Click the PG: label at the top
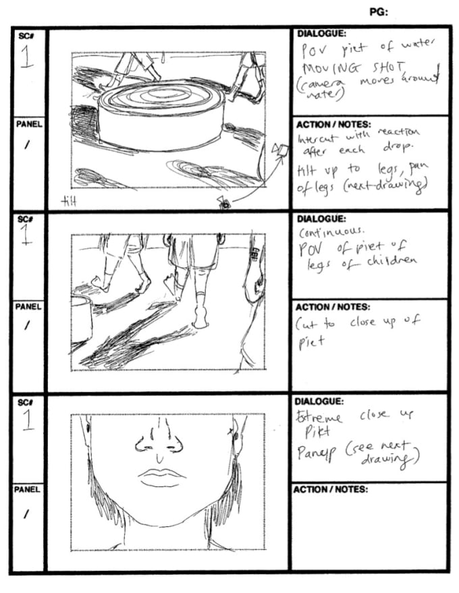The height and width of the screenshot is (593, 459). (x=379, y=11)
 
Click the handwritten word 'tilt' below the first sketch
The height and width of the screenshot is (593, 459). (x=69, y=200)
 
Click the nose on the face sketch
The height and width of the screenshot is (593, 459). (x=159, y=439)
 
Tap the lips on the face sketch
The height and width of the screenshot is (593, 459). (x=162, y=478)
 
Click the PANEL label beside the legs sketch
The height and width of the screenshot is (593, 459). (x=28, y=306)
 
